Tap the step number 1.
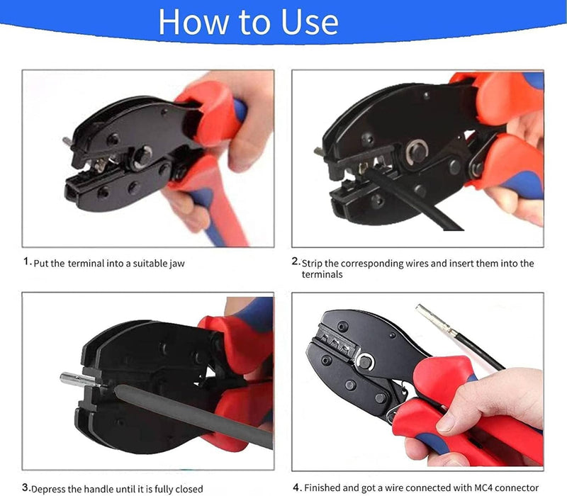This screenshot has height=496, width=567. click(x=26, y=261)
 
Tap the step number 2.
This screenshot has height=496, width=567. click(x=296, y=261)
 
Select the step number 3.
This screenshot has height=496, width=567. click(x=26, y=487)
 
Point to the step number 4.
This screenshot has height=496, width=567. click(x=296, y=487)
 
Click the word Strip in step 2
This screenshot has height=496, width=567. click(x=314, y=264)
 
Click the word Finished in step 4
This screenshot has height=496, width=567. click(x=325, y=488)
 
